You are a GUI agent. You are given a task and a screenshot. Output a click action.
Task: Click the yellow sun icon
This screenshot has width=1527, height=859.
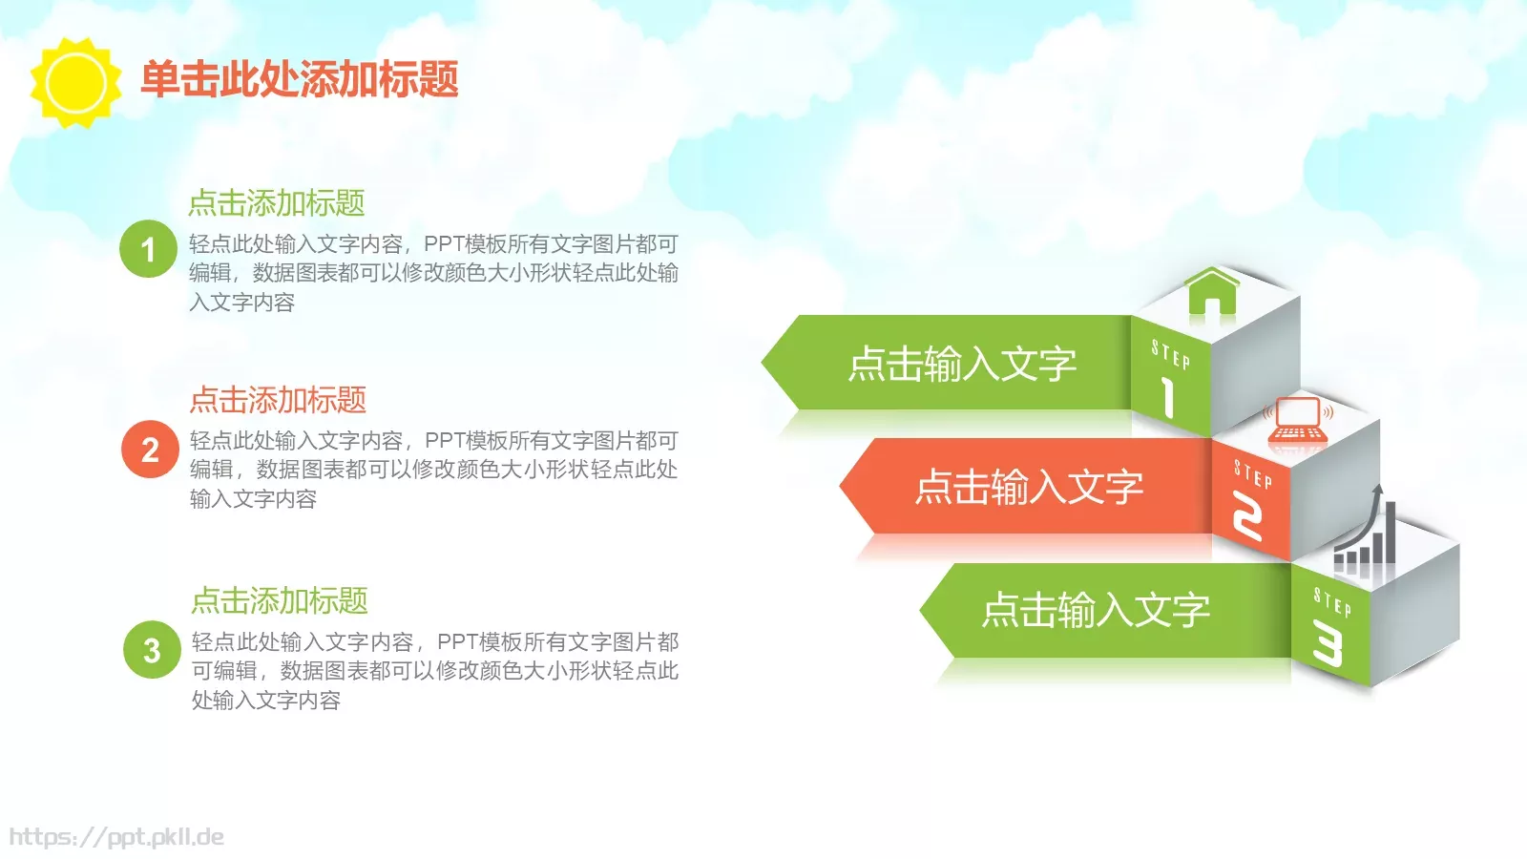pyautogui.click(x=75, y=82)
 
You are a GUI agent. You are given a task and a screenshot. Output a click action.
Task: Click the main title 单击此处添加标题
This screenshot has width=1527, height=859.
pyautogui.click(x=300, y=79)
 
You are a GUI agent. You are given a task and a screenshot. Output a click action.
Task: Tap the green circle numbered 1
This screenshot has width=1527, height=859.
pyautogui.click(x=148, y=249)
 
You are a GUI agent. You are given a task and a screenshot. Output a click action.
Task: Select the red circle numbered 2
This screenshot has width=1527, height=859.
pyautogui.click(x=150, y=450)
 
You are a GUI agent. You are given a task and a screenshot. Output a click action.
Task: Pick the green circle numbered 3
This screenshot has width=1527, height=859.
pyautogui.click(x=152, y=650)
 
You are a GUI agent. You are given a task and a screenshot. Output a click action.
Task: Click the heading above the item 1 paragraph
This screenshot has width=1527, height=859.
pyautogui.click(x=277, y=202)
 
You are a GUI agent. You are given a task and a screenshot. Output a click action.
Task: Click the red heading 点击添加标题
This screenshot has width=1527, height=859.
pyautogui.click(x=278, y=399)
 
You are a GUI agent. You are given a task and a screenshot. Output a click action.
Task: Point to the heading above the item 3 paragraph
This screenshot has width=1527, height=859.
pyautogui.click(x=280, y=600)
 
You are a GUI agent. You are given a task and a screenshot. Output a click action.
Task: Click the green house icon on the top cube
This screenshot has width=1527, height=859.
pyautogui.click(x=1212, y=291)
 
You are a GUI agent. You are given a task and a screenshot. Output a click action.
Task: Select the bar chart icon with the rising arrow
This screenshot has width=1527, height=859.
pyautogui.click(x=1367, y=534)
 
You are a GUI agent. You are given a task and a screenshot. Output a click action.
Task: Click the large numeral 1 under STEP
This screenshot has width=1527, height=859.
pyautogui.click(x=1167, y=395)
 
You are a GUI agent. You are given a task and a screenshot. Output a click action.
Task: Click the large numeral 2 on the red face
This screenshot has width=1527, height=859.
pyautogui.click(x=1247, y=516)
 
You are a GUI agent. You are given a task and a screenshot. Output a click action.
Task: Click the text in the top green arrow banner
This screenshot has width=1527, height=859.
pyautogui.click(x=962, y=364)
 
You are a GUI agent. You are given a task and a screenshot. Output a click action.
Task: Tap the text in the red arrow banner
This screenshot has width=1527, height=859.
pyautogui.click(x=1029, y=487)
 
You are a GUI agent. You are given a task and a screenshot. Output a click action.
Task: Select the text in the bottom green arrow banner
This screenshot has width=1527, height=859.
pyautogui.click(x=1096, y=610)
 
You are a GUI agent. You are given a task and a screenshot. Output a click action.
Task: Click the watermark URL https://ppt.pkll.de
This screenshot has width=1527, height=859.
pyautogui.click(x=116, y=837)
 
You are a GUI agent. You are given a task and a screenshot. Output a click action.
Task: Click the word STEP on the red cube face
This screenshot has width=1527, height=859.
pyautogui.click(x=1252, y=473)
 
